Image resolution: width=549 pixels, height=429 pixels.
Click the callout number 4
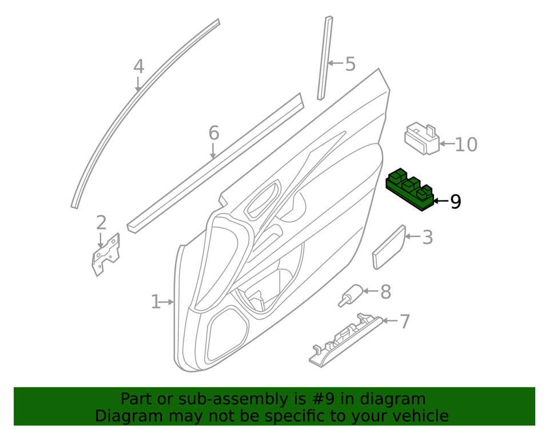point(138,66)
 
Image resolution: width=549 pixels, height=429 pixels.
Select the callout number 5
point(350,64)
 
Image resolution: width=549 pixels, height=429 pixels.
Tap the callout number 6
point(213,133)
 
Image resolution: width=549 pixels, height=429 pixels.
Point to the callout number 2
point(101,222)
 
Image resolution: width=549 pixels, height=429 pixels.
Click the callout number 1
point(155,301)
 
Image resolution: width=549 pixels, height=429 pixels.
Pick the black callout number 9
point(455,201)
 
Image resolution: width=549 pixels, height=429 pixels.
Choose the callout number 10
point(466,144)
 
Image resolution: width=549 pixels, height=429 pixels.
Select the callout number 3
point(428,237)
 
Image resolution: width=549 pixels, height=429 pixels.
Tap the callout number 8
point(386,292)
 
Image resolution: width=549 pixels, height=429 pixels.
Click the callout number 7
point(405,321)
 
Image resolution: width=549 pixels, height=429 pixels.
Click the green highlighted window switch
point(411,190)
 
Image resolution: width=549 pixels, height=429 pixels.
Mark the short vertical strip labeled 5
point(325,57)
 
